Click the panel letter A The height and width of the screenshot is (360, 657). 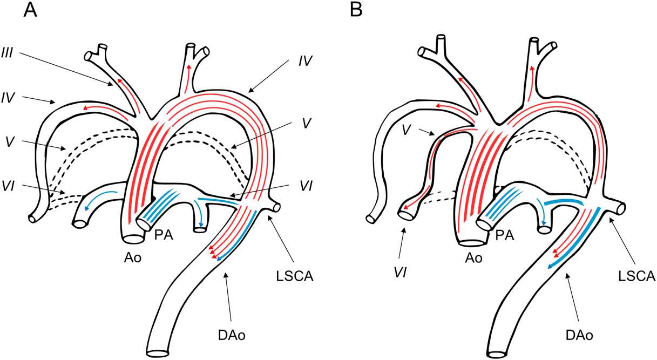[31, 11]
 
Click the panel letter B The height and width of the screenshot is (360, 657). [356, 11]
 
